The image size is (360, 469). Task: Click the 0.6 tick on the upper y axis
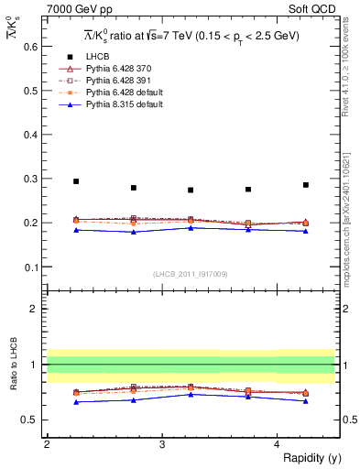35,46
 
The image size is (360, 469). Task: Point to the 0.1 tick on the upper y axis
35,267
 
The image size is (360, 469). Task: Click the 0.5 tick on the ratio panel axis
35,420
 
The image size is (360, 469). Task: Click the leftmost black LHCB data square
76,181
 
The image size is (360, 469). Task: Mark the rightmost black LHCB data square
306,185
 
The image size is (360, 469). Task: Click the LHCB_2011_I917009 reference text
190,274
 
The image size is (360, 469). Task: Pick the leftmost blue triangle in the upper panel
76,229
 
